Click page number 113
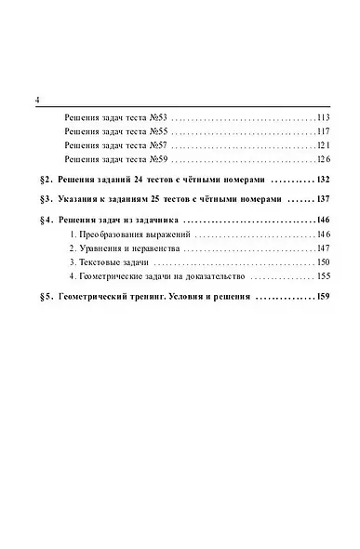point(324,117)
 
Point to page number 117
point(324,132)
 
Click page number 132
point(323,179)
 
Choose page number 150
point(324,264)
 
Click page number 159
point(323,299)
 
